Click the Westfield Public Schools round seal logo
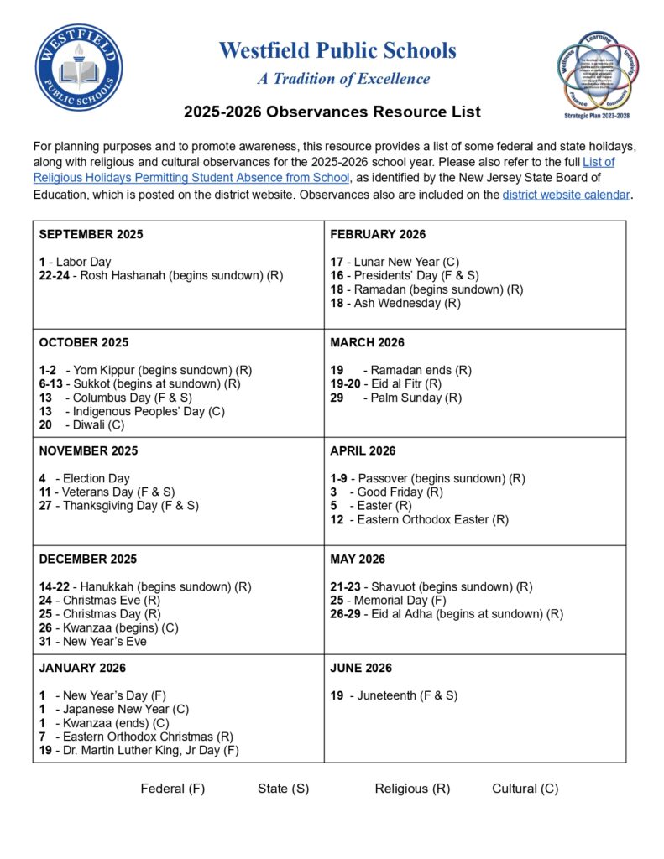pos(79,67)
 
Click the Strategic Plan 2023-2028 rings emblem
pos(599,74)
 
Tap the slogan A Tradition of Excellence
pos(343,79)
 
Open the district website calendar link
pos(565,195)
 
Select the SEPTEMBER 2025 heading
pos(91,234)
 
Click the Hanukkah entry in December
pos(144,586)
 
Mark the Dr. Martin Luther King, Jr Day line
pos(139,750)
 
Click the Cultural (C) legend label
pos(525,789)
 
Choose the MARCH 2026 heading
pos(367,342)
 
